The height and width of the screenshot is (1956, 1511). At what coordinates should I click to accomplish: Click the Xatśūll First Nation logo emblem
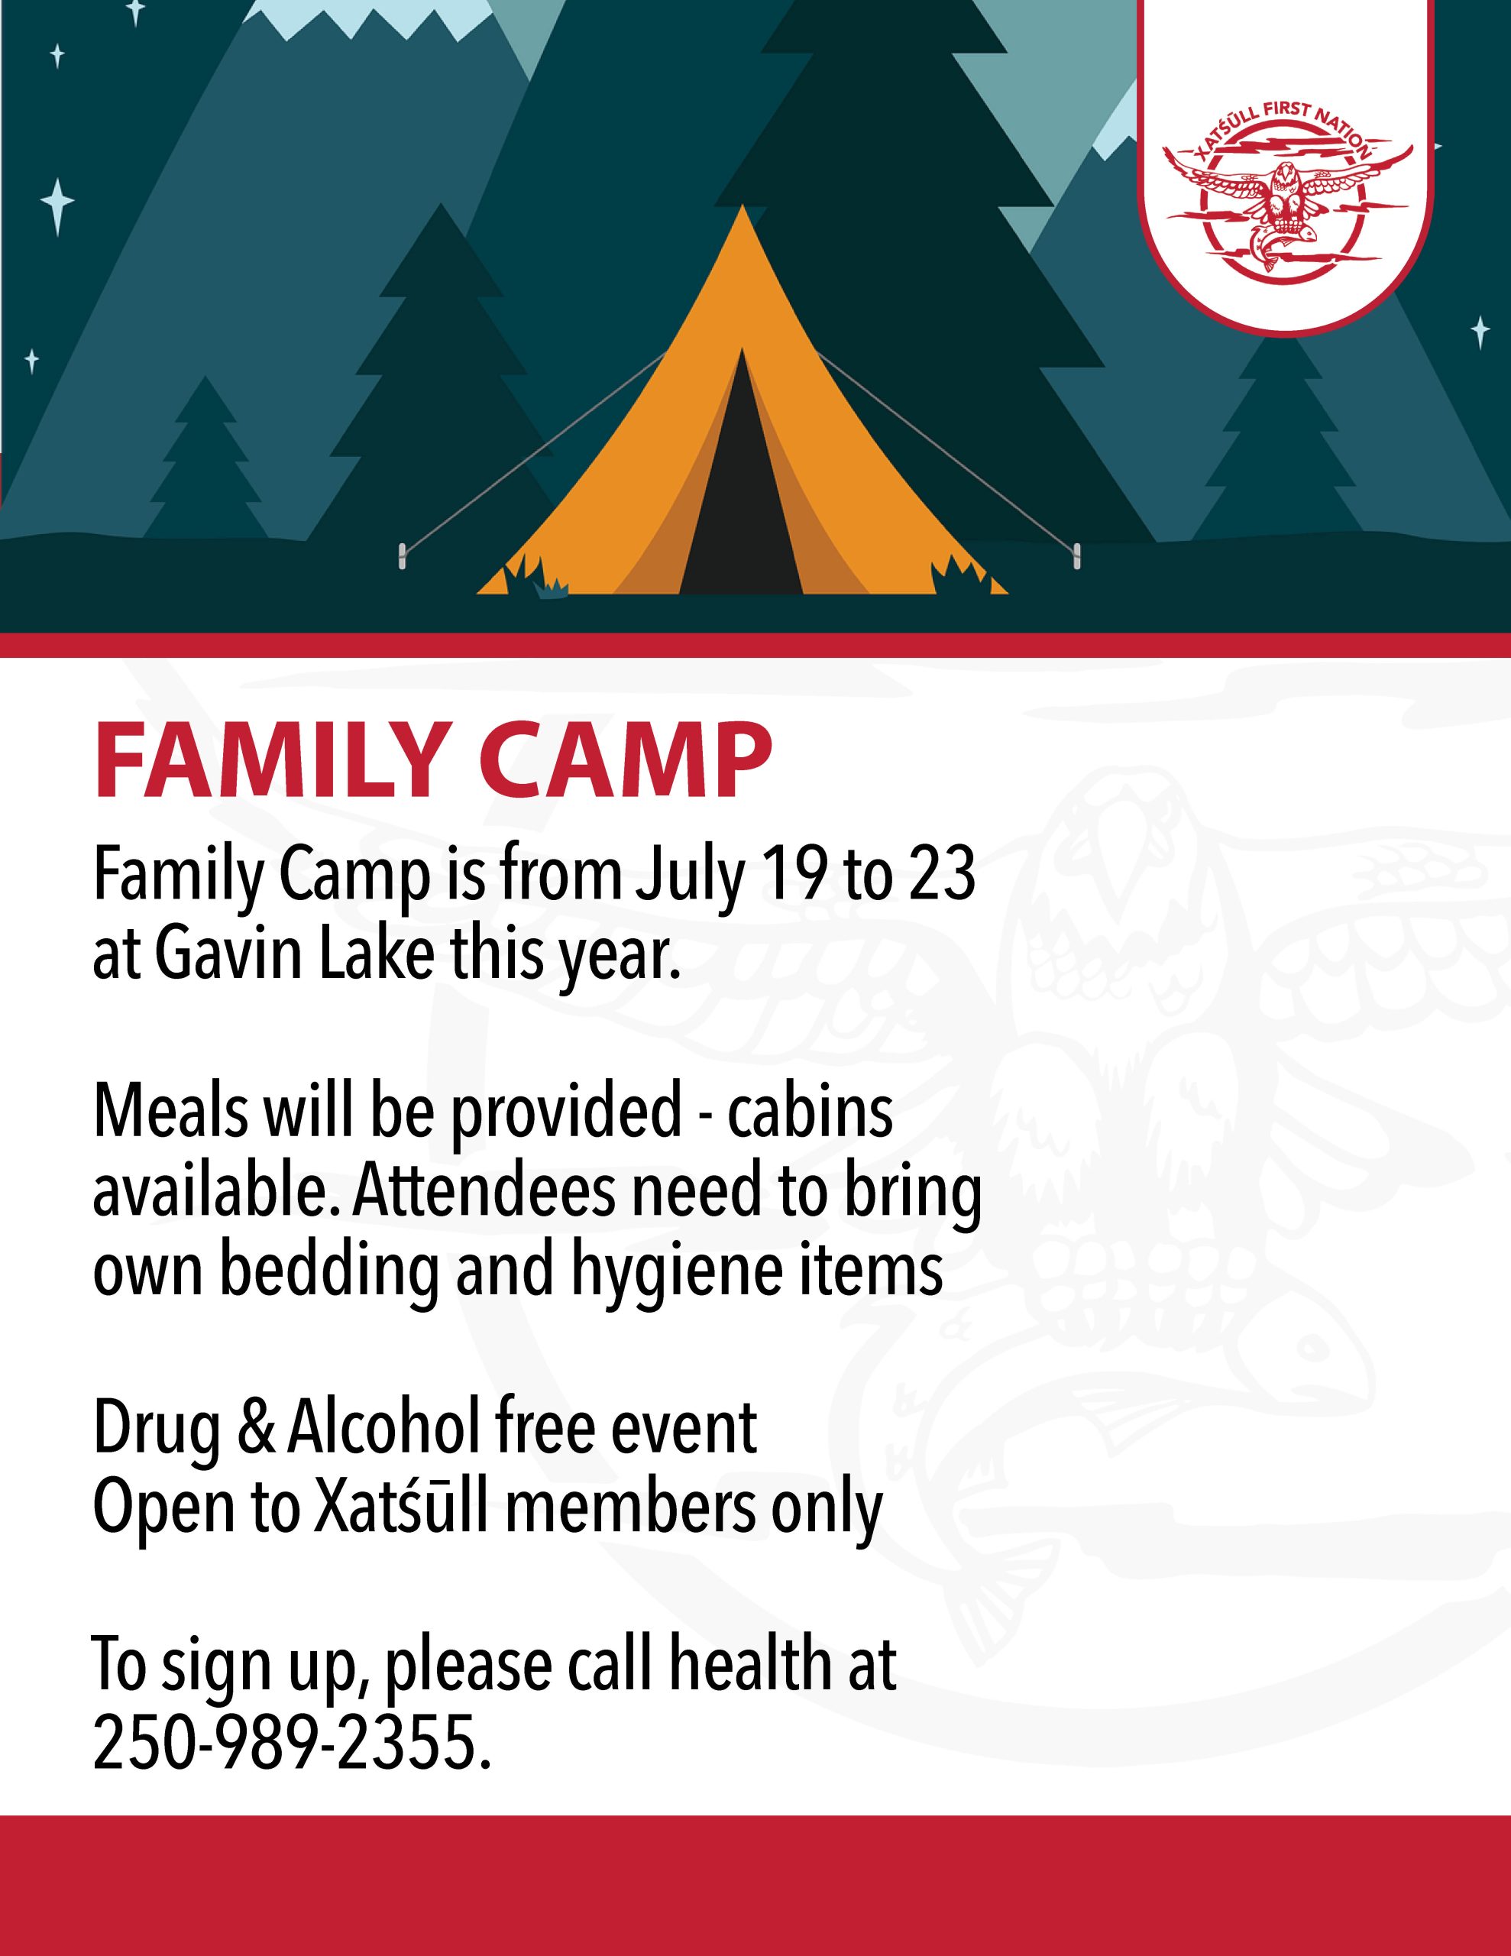tap(1287, 193)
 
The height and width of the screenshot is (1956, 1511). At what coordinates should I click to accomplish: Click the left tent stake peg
tap(402, 555)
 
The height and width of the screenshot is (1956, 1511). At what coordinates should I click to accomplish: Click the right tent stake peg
tap(1076, 555)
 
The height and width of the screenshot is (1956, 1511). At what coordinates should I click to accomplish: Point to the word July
tap(689, 878)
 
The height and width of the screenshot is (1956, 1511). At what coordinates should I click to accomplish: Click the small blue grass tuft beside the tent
tap(551, 588)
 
